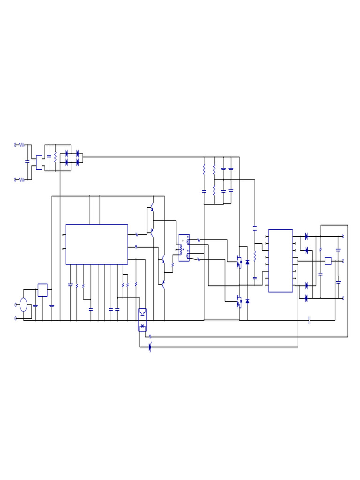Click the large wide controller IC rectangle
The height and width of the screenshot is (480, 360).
97,244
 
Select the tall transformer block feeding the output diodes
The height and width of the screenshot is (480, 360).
280,261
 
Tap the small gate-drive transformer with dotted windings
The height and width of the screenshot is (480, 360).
184,247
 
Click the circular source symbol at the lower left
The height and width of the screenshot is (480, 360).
23,305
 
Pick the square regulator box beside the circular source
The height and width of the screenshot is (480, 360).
43,290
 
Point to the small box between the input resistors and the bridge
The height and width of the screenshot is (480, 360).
39,162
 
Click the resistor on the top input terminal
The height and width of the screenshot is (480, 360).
22,145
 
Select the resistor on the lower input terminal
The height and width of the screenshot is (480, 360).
22,179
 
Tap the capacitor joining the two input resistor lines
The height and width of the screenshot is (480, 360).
27,162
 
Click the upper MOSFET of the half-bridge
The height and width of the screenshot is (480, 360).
239,262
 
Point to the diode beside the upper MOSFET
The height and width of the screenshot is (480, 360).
247,262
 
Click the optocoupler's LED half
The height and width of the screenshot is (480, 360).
142,326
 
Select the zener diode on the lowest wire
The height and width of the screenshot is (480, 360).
150,347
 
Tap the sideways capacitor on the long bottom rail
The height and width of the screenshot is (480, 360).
310,320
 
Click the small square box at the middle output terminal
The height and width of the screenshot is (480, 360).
328,261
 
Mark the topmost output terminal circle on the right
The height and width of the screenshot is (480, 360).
343,237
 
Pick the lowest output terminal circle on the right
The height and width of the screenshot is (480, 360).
343,298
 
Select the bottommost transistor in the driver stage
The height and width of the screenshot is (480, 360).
163,283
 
